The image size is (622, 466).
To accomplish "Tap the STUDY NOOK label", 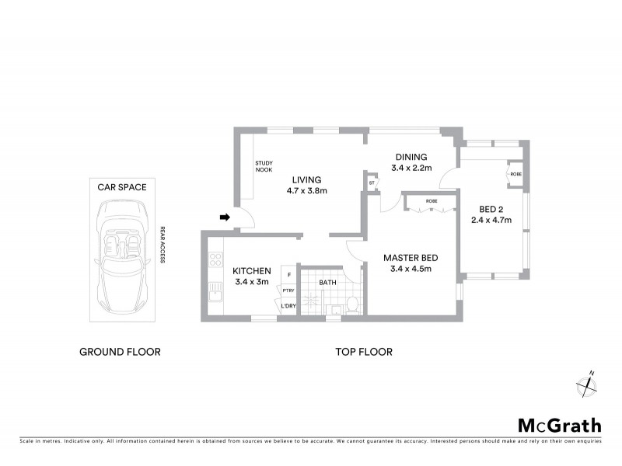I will pos(264,166).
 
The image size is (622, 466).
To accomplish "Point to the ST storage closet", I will pos(372,183).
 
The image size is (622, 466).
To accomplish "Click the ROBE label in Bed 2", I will pos(515,175).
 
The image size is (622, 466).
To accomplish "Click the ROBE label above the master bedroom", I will pos(431,201).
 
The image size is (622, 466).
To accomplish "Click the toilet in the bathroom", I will pos(351,304).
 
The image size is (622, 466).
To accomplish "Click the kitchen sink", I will pos(215,293).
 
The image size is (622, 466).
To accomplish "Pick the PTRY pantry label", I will pos(288,290).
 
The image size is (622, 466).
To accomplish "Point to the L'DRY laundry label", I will pos(288,305).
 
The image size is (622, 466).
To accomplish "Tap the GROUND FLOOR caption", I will pos(121,352).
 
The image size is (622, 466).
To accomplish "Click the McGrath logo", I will pos(559,425).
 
